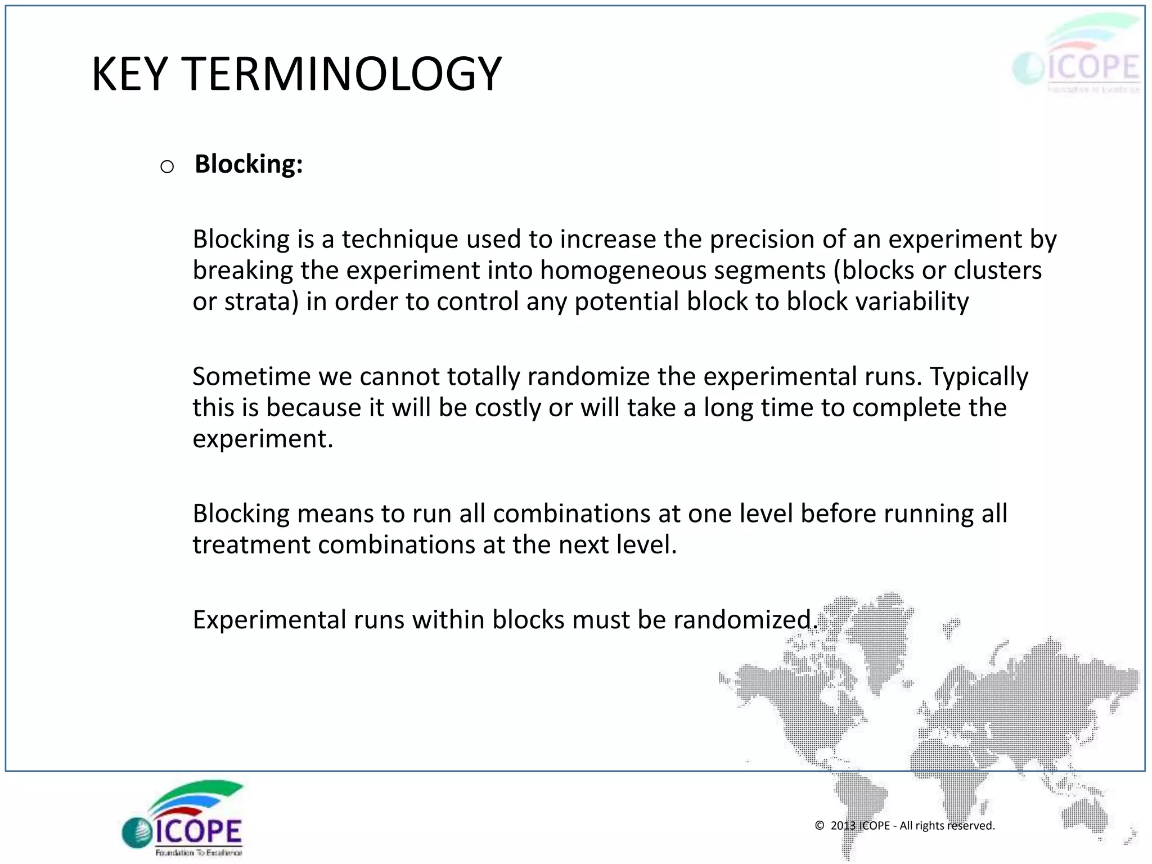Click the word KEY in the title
tap(129, 74)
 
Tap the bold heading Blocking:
tap(249, 164)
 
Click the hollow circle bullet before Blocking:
tap(167, 166)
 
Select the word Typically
tap(979, 377)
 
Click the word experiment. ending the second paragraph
tap(263, 439)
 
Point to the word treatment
tap(251, 545)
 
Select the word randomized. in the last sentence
tap(745, 620)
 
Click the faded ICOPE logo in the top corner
tap(1077, 56)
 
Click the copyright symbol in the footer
tap(820, 825)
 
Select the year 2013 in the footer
tap(843, 825)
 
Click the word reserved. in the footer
tap(971, 825)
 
